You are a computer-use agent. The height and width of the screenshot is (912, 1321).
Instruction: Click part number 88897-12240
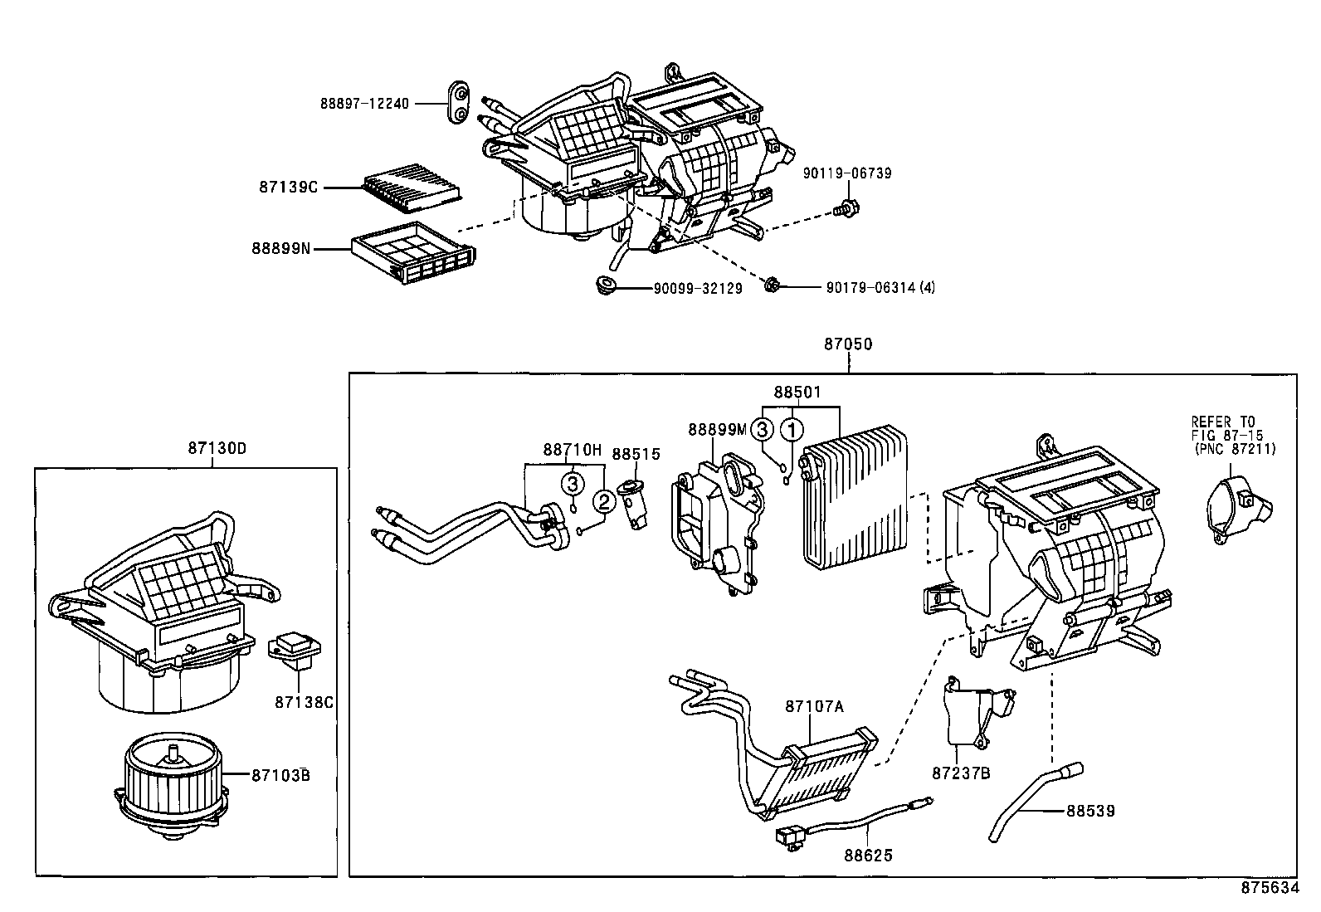[x=365, y=104]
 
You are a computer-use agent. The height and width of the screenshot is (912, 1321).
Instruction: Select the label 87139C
[x=288, y=188]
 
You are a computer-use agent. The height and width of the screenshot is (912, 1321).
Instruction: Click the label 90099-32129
[x=697, y=288]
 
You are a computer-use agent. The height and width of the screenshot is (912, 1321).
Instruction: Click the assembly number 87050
[x=848, y=344]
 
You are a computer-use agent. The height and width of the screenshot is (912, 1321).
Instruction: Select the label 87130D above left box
[x=217, y=448]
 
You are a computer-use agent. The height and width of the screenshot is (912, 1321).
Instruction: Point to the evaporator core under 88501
[x=856, y=498]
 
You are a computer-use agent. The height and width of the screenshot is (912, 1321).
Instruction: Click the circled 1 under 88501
[x=793, y=430]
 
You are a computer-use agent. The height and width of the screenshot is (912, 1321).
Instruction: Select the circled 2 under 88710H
[x=604, y=501]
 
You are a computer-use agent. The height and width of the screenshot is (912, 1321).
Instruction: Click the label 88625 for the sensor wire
[x=869, y=854]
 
